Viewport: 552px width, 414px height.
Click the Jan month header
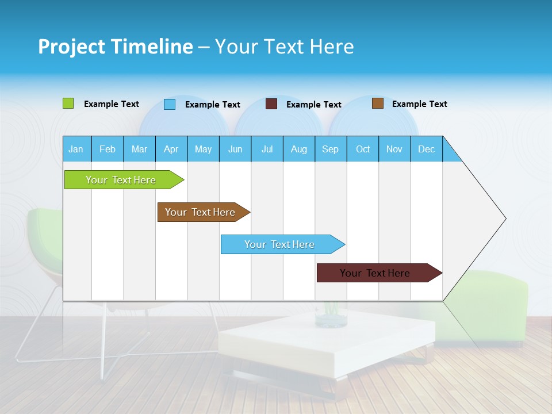(76, 149)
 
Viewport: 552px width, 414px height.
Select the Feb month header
(108, 149)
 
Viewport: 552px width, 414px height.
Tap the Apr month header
(171, 149)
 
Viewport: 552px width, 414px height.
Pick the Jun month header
(235, 149)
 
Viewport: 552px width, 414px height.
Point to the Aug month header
(298, 149)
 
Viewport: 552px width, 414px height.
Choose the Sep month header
(330, 149)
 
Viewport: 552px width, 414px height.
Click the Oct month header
(363, 149)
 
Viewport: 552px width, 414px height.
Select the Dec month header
(426, 149)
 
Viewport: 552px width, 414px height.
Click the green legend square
(68, 103)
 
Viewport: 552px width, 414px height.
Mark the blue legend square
(170, 104)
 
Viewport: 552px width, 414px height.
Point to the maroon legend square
(271, 104)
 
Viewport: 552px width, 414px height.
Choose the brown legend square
(378, 103)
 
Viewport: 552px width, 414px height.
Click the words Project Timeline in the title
(115, 47)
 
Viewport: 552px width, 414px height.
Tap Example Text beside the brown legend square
(419, 104)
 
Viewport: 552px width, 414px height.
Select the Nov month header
(394, 149)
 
